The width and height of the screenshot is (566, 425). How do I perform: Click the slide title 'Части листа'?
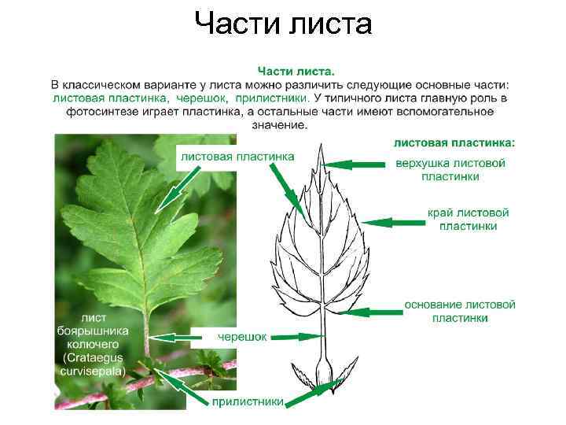[x=283, y=24]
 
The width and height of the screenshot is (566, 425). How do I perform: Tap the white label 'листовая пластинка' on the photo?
[x=237, y=156]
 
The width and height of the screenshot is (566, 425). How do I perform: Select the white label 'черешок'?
[x=241, y=337]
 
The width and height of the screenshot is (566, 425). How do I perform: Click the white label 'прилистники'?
[x=248, y=401]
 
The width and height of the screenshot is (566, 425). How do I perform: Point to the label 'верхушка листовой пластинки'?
[x=450, y=170]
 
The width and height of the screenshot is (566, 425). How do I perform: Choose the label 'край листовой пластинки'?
[x=468, y=220]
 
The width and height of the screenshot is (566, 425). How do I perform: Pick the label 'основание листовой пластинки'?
[x=460, y=311]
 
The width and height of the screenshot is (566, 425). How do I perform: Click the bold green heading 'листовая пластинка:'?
[x=454, y=142]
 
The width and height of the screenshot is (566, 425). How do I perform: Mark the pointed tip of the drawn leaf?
[x=320, y=147]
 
